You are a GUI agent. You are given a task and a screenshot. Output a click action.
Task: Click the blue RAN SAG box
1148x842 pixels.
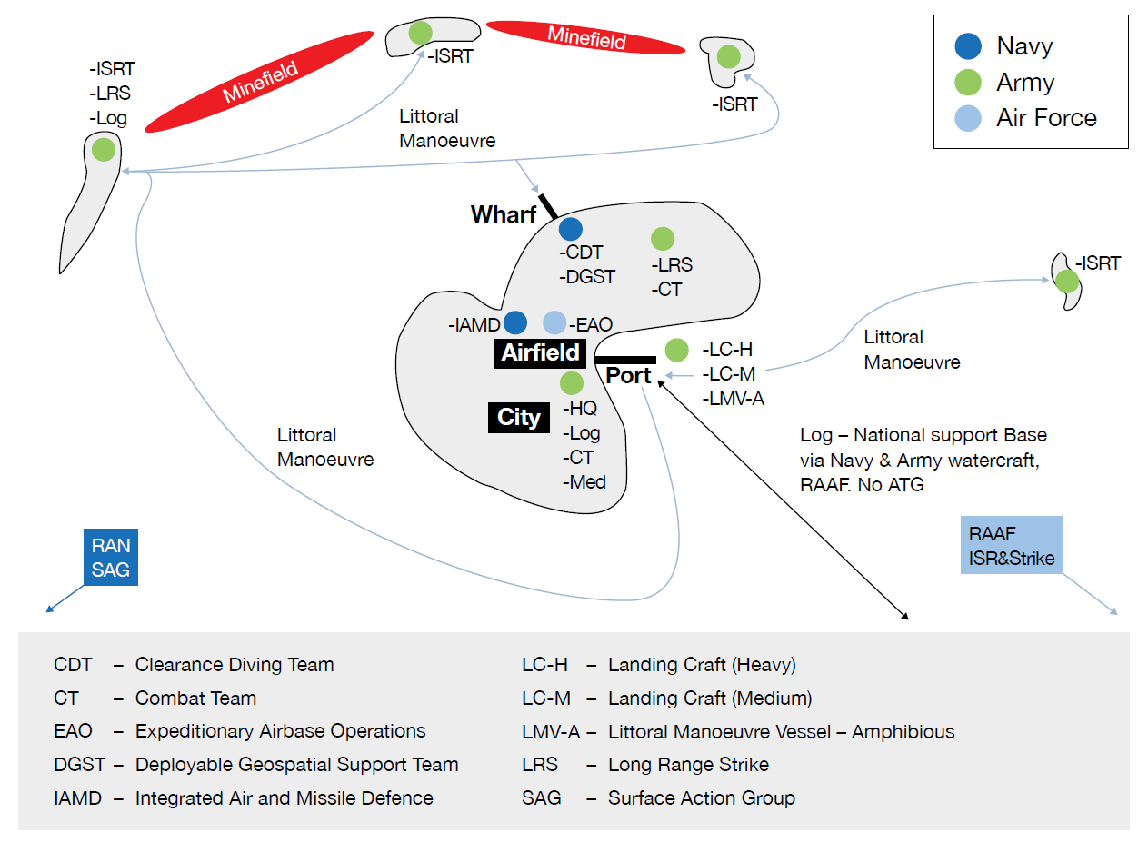pyautogui.click(x=111, y=558)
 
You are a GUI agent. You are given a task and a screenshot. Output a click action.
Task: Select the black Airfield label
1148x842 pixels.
pyautogui.click(x=541, y=352)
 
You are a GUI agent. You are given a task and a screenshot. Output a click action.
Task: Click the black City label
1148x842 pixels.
pyautogui.click(x=519, y=418)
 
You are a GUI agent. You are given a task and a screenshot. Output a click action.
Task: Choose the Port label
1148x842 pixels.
pyautogui.click(x=628, y=375)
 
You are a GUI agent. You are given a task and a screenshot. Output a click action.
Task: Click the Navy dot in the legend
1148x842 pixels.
pyautogui.click(x=968, y=46)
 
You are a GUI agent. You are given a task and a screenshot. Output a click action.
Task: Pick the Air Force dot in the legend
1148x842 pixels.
pyautogui.click(x=968, y=118)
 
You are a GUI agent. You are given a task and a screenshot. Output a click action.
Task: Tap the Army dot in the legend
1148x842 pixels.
pyautogui.click(x=968, y=83)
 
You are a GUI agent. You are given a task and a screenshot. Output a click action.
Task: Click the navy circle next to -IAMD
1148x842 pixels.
pyautogui.click(x=515, y=322)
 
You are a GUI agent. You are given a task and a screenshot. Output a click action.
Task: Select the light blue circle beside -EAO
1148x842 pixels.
pyautogui.click(x=554, y=322)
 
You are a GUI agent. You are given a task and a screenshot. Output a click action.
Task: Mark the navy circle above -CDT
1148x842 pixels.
pyautogui.click(x=571, y=229)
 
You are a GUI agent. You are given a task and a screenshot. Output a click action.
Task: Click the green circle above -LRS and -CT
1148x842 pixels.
pyautogui.click(x=663, y=239)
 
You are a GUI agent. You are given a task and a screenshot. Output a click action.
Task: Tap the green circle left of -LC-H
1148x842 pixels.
pyautogui.click(x=676, y=350)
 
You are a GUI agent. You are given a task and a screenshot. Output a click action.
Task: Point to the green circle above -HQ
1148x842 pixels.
pyautogui.click(x=571, y=382)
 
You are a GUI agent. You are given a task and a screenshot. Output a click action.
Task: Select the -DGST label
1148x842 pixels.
pyautogui.click(x=587, y=277)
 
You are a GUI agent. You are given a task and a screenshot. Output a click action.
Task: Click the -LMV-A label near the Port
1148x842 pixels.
pyautogui.click(x=733, y=398)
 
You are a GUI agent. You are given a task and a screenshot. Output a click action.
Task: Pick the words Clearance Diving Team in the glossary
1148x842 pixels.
pyautogui.click(x=235, y=665)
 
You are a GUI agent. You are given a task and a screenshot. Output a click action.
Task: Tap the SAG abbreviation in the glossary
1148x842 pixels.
pyautogui.click(x=542, y=798)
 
